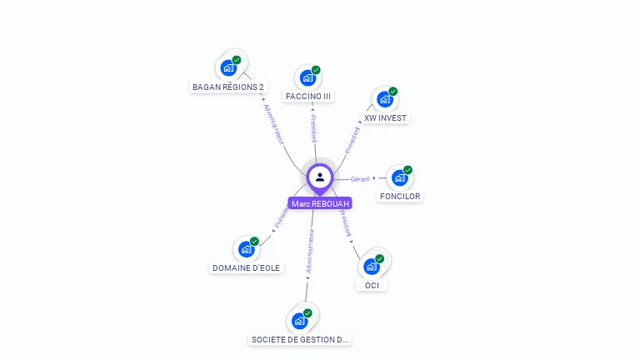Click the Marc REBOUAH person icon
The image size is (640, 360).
pos(319,177)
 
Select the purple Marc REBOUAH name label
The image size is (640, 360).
pos(320,203)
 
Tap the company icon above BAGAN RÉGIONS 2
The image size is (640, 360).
pos(228,68)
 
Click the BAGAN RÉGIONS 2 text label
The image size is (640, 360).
pos(228,87)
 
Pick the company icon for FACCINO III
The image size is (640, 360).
pos(307,78)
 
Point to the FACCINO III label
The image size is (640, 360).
pos(308,97)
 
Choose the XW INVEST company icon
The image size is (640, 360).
pos(384,99)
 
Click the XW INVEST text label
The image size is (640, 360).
pos(385,118)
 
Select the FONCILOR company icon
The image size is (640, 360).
pos(400,177)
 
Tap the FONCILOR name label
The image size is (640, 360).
pos(400,197)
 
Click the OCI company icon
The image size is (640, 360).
pos(372,267)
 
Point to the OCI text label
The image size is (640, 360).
pos(372,286)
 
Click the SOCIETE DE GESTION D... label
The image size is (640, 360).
pos(300,340)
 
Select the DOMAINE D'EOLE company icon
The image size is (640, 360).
pos(246,249)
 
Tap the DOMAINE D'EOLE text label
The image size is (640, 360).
pos(246,268)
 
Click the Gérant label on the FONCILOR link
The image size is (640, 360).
pos(360,179)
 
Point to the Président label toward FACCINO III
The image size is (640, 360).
pos(313,129)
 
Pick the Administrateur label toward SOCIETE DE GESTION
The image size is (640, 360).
pos(310,252)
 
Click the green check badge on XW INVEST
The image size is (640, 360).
pos(393,92)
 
